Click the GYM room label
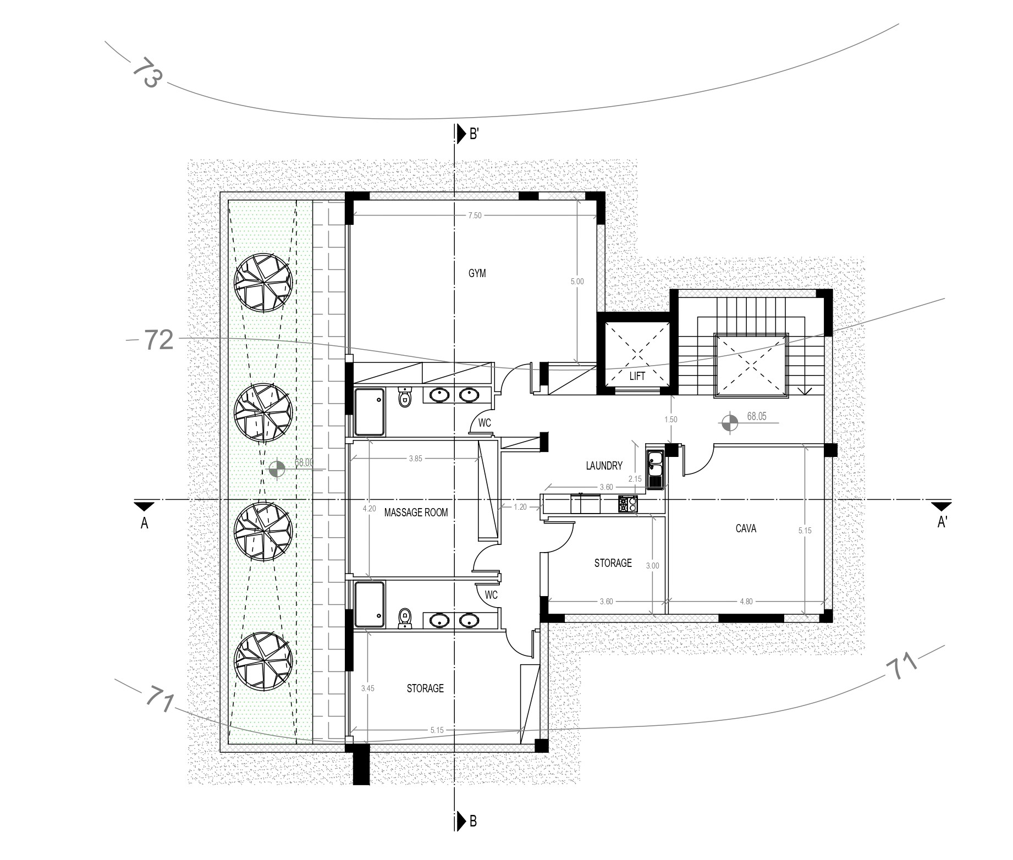477,273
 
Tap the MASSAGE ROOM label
416,512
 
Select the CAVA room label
746,528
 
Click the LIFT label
637,377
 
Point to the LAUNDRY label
604,466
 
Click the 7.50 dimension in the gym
475,216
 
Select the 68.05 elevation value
757,416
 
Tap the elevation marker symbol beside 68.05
729,422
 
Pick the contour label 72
159,340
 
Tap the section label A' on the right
942,522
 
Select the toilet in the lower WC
405,619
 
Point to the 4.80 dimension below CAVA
746,602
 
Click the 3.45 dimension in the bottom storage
368,688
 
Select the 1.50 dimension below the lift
670,420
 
